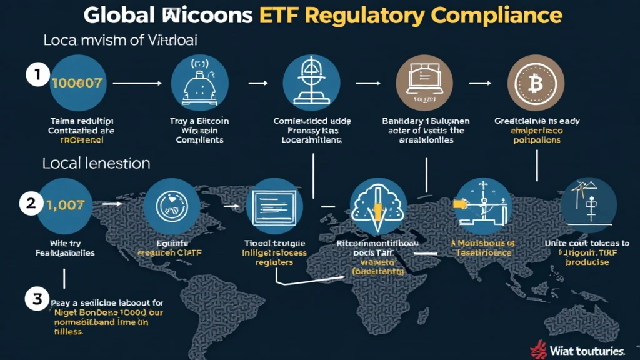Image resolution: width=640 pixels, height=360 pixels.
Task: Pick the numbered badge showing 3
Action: pyautogui.click(x=36, y=299)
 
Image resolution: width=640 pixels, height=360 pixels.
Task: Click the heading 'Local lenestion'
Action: pyautogui.click(x=96, y=164)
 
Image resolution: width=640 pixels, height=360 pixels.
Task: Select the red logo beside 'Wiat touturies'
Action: pyautogui.click(x=537, y=350)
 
